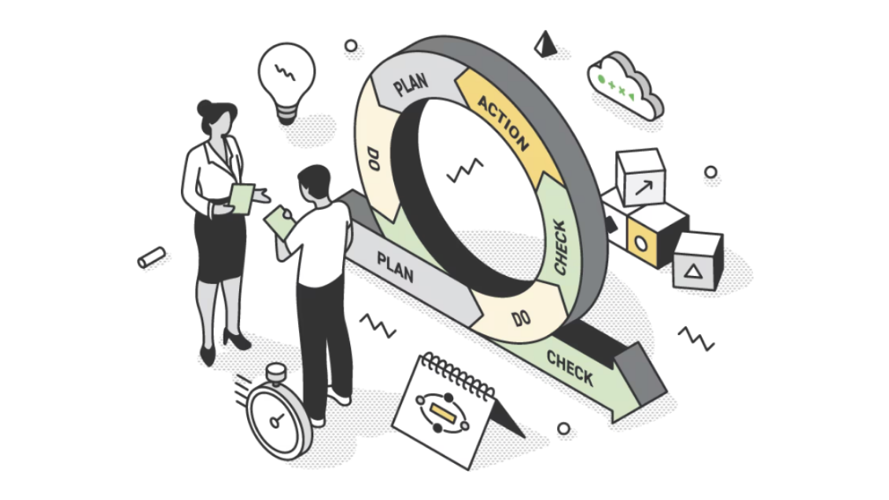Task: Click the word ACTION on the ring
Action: [504, 123]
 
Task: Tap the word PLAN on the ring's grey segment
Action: [411, 84]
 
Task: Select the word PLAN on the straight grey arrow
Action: [396, 267]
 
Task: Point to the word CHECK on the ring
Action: [560, 248]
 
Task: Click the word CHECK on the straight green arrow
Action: [570, 368]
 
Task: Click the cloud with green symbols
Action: [624, 86]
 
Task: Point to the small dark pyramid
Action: [545, 43]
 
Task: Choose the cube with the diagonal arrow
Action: [640, 177]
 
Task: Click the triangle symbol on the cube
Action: [693, 272]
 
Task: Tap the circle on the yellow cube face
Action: [640, 244]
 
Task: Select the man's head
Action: [315, 182]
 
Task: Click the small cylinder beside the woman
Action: [151, 258]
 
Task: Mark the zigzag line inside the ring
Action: [465, 171]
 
